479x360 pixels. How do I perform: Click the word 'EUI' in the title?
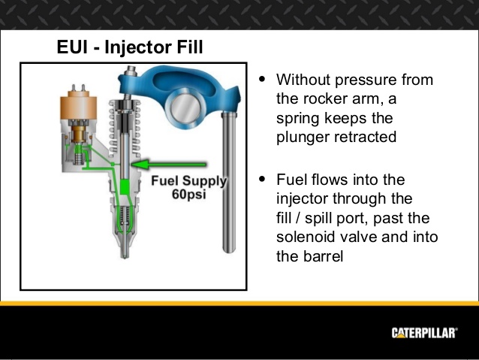(73, 48)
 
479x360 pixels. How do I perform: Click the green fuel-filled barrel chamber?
(123, 189)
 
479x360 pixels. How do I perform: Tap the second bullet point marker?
(261, 180)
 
